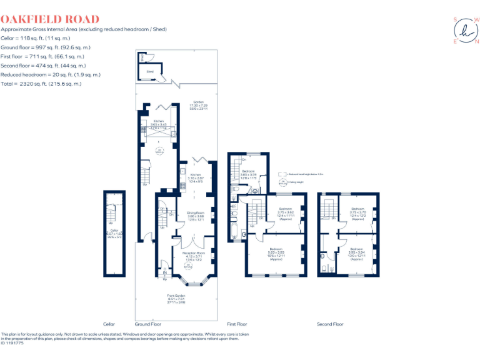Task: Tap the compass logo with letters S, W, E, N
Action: click(466, 30)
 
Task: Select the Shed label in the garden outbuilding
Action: click(150, 72)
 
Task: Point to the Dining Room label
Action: click(196, 216)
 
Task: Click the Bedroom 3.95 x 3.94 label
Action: click(357, 254)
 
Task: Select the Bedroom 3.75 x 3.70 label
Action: click(357, 214)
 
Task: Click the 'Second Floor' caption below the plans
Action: click(330, 324)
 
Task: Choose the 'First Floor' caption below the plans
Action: click(237, 324)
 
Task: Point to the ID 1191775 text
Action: click(12, 343)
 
